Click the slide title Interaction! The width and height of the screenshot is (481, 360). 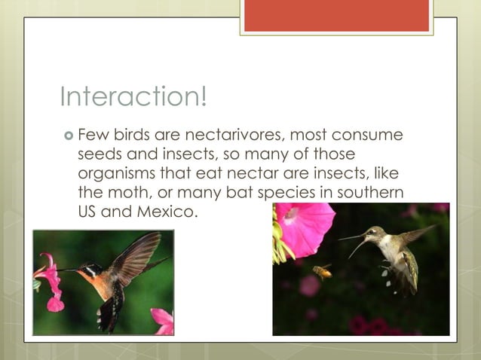tap(133, 97)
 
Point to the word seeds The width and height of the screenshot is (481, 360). tap(101, 154)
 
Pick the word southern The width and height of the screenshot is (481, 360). tap(370, 192)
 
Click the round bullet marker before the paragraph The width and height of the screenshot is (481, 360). tap(69, 136)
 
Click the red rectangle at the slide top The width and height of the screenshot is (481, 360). tap(336, 15)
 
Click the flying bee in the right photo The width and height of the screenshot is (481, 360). tap(323, 272)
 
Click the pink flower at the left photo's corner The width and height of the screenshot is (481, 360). tap(162, 321)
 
